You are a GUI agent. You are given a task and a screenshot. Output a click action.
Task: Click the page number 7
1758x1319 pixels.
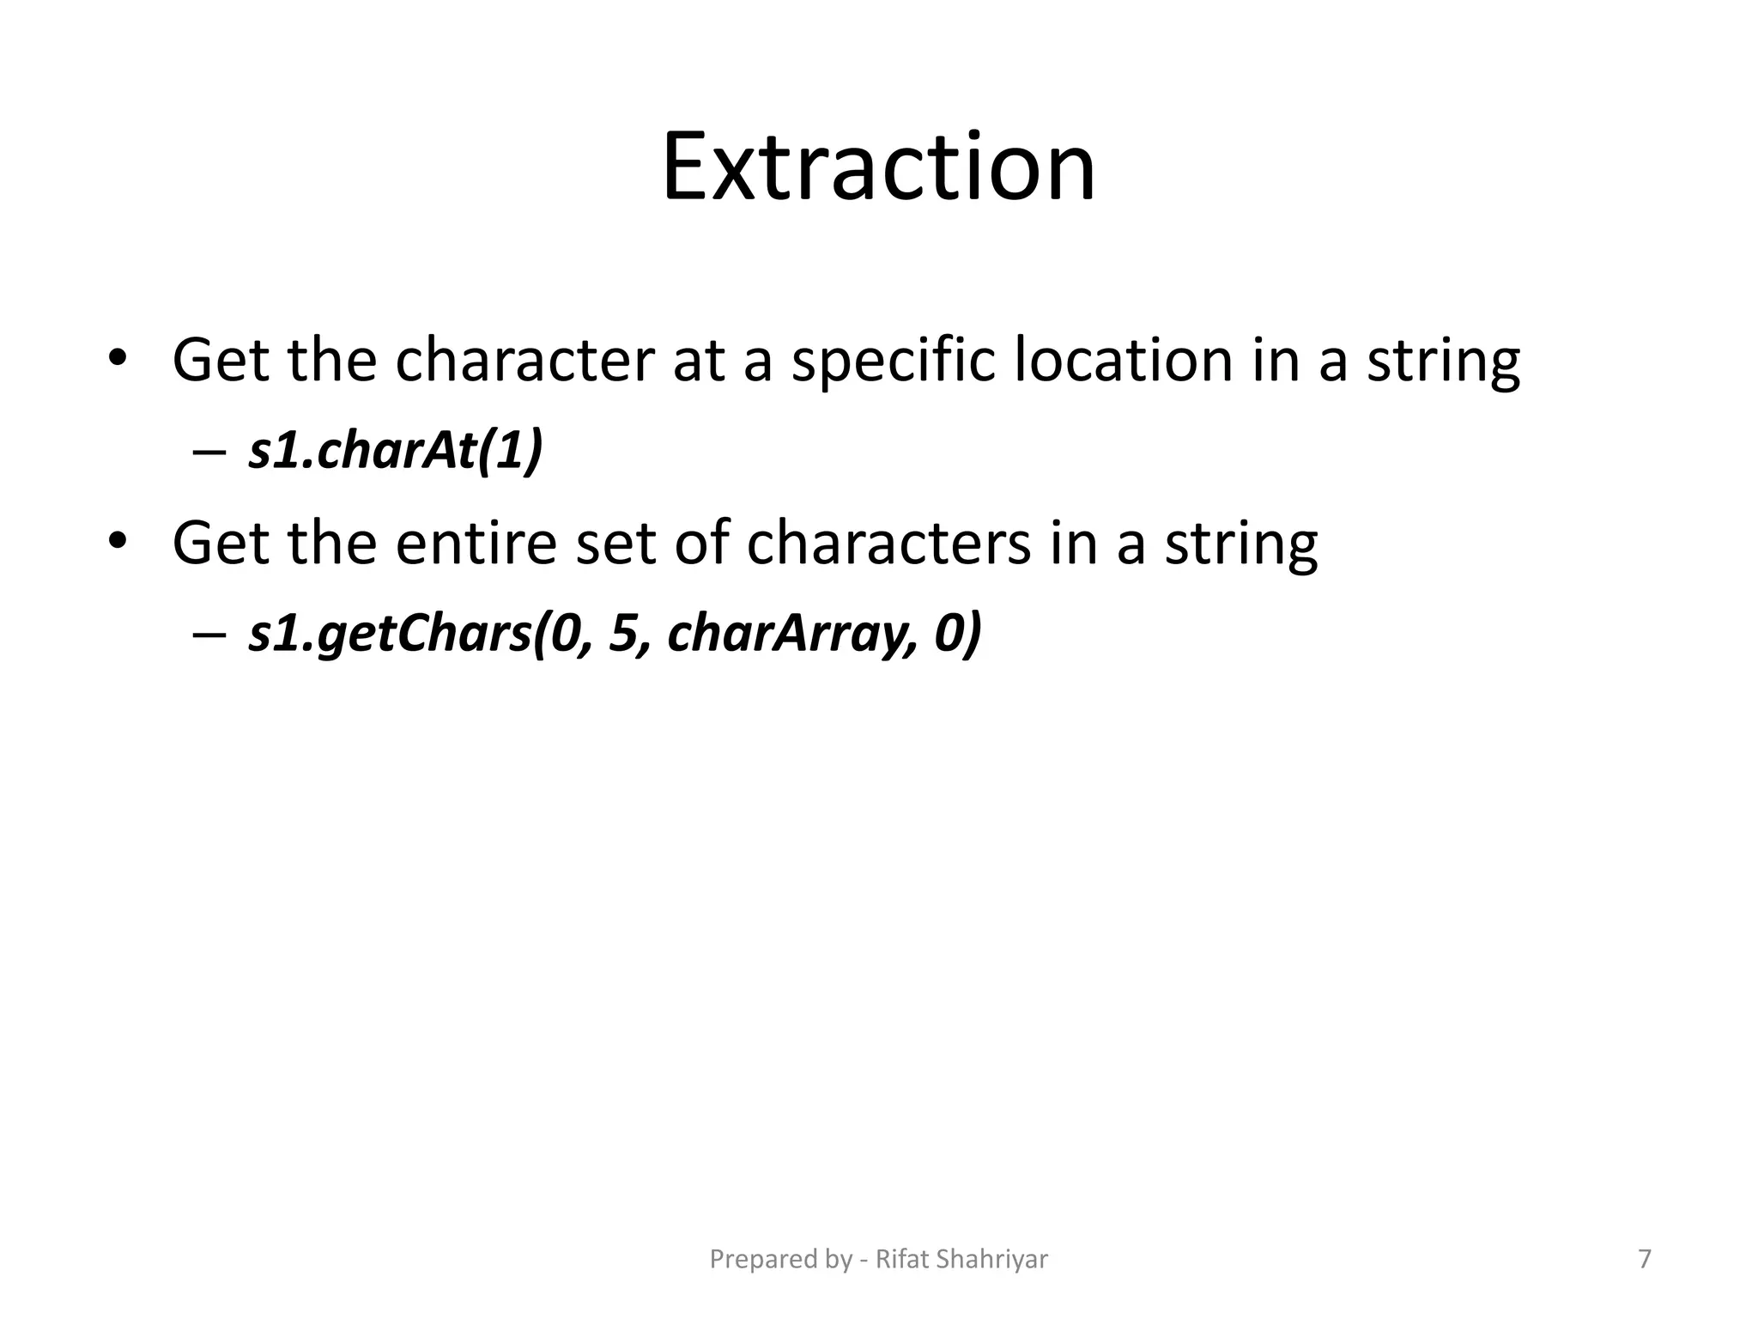[1644, 1259]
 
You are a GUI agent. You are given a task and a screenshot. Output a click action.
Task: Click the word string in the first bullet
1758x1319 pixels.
[1443, 361]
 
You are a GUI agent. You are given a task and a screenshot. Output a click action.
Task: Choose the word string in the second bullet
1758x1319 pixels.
[1240, 544]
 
